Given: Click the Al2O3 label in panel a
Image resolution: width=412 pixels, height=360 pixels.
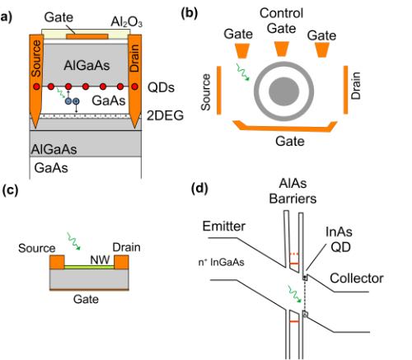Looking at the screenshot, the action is tap(126, 22).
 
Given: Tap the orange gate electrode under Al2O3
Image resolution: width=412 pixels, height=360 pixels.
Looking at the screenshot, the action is tap(87, 36).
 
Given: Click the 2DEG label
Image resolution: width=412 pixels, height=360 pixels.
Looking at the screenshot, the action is tap(165, 115).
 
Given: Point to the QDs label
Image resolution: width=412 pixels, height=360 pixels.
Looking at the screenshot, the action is tap(161, 87).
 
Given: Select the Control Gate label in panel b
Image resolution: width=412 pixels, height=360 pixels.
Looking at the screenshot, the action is tap(282, 21).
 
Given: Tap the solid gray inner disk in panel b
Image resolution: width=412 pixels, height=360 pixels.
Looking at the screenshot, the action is tap(283, 91).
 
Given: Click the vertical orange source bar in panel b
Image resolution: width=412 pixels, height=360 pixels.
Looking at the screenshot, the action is tap(219, 90).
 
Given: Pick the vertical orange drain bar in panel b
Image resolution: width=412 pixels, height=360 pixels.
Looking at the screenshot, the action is tap(345, 90).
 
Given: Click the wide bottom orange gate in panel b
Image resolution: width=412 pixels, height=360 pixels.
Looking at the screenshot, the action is tap(285, 127).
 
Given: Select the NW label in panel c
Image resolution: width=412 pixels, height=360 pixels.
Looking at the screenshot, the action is tap(100, 259).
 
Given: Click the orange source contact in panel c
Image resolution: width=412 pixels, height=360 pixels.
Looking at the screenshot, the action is tap(57, 262).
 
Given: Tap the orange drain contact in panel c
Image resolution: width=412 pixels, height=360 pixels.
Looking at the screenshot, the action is tap(121, 262).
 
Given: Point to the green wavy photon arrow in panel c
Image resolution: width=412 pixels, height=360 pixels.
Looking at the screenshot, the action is tap(73, 241).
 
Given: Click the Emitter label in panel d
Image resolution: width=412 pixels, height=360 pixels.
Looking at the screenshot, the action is tap(224, 227).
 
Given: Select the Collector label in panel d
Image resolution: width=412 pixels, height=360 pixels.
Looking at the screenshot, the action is tap(357, 278).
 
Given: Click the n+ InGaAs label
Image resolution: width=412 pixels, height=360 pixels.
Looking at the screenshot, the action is tap(221, 262).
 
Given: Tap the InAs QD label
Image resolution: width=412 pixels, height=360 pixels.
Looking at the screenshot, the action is tap(339, 240).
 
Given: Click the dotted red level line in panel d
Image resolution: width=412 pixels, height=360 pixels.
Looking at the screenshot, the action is tap(294, 254).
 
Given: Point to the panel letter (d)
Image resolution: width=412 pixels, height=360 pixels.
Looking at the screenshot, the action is tap(199, 189).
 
